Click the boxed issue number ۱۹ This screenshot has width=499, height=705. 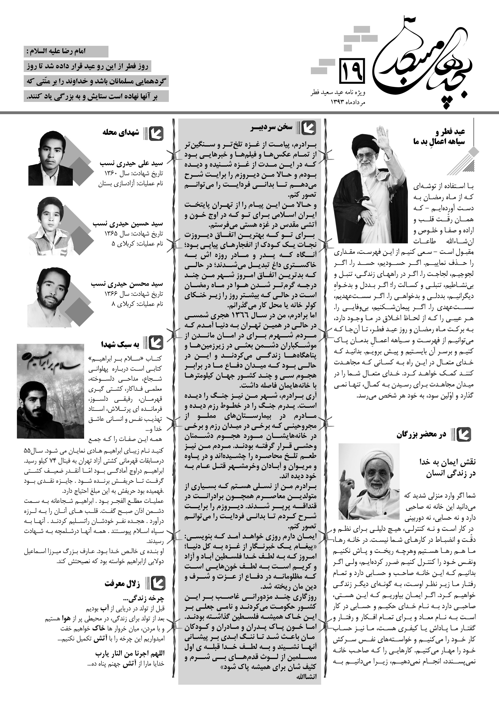coord(352,71)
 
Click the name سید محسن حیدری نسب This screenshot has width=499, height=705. coord(127,284)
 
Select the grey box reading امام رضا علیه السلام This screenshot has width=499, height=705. coord(66,51)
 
